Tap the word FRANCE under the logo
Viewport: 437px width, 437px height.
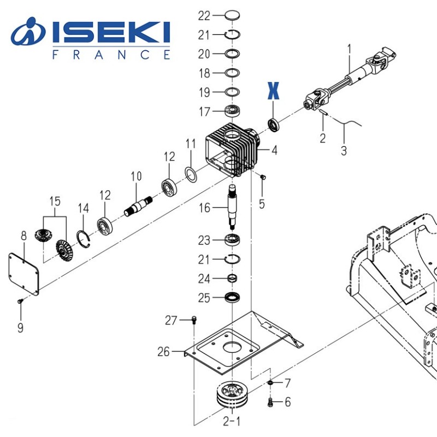tap(111, 55)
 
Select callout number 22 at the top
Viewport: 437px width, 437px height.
tap(204, 15)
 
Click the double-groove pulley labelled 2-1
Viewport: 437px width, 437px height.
tap(232, 395)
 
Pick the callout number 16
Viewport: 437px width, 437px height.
tap(204, 208)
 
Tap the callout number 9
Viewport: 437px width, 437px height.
tap(20, 328)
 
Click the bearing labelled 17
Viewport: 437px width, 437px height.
tap(233, 111)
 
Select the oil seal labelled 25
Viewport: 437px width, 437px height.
tap(234, 298)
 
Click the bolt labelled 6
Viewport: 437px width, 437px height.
tap(270, 403)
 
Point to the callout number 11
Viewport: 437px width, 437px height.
tap(190, 145)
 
